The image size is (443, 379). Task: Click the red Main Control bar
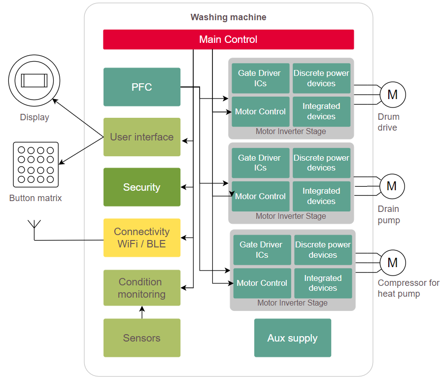pos(228,39)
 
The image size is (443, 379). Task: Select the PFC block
pos(142,87)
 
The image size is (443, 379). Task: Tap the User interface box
pos(142,137)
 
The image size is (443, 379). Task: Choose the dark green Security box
pos(142,187)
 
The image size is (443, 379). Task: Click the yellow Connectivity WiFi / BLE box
pos(142,238)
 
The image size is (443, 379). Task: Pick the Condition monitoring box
pos(142,288)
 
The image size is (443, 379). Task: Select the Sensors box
pos(142,338)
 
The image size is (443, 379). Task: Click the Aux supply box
pos(293,338)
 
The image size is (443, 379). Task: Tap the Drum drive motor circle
pos(392,94)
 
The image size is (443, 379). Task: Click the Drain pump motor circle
pos(392,186)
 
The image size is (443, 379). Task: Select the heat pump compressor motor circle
pos(392,262)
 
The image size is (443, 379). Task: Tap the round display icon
pos(34,80)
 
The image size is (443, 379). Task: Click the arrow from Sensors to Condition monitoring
pos(142,312)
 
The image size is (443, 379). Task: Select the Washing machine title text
pos(228,17)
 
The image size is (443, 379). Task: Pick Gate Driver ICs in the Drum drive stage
pos(260,78)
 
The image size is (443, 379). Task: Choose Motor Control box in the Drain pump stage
pos(261,196)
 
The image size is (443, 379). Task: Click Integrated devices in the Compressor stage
pos(323,283)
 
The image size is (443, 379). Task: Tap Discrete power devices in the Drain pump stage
pos(321,163)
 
